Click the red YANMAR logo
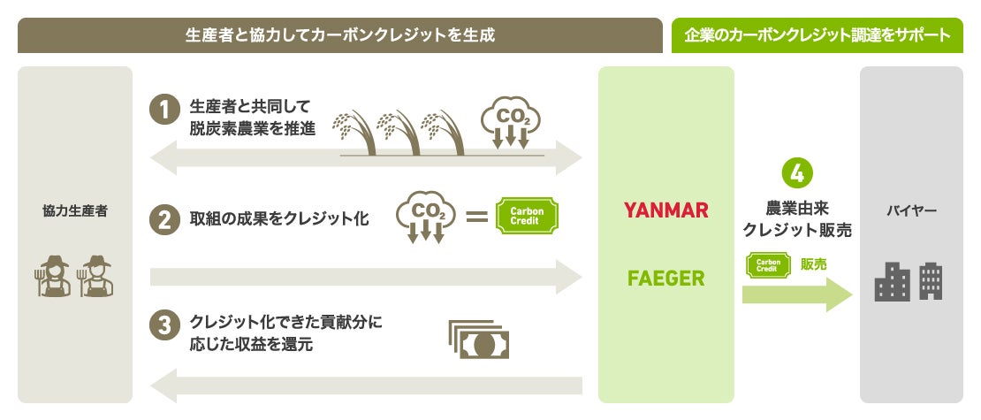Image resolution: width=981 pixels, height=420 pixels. [x=666, y=210]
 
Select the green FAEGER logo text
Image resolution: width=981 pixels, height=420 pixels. [x=666, y=279]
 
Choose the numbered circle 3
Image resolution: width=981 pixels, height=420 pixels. [x=165, y=325]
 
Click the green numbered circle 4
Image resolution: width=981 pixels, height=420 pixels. [x=797, y=172]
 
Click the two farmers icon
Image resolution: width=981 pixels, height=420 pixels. [x=76, y=278]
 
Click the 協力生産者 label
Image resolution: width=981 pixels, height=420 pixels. [x=75, y=211]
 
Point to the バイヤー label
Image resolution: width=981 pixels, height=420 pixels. [x=911, y=211]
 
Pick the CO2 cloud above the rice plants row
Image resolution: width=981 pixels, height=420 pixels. [x=510, y=123]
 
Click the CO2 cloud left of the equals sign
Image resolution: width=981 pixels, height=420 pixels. [x=426, y=216]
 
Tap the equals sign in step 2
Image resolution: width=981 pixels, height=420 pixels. [x=477, y=215]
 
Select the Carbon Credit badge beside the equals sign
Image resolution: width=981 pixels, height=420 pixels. [x=529, y=215]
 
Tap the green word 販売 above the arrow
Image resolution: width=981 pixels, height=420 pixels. [x=814, y=263]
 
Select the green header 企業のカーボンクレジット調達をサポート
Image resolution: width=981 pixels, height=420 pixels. [x=817, y=35]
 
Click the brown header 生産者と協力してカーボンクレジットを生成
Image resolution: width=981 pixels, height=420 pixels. [x=340, y=35]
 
